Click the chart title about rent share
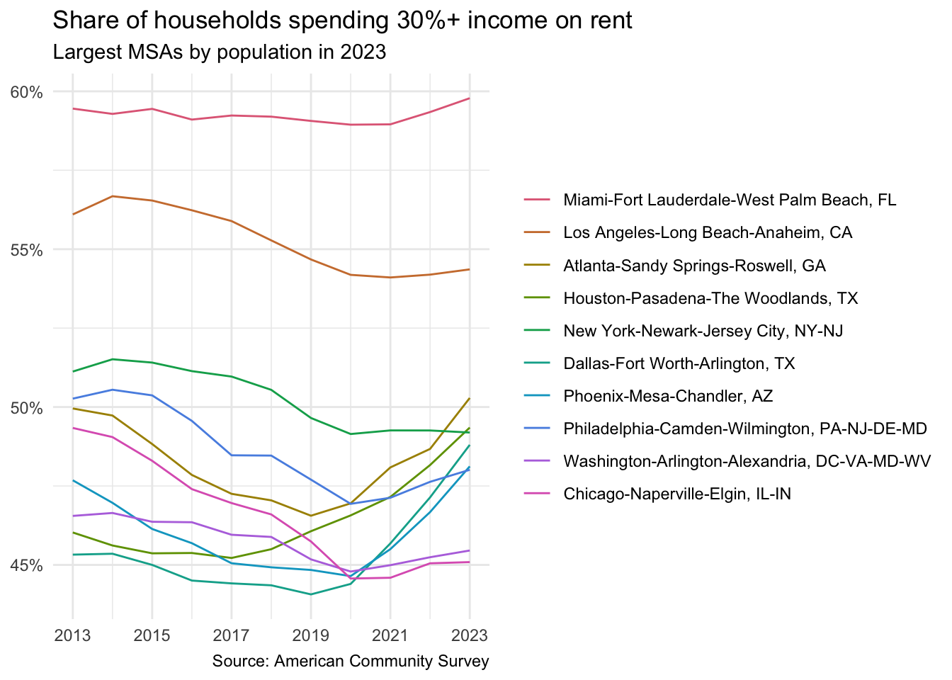pyautogui.click(x=342, y=21)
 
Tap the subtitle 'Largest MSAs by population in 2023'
pyautogui.click(x=220, y=52)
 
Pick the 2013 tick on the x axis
pyautogui.click(x=72, y=635)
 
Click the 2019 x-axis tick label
pyautogui.click(x=310, y=635)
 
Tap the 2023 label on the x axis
pyautogui.click(x=469, y=635)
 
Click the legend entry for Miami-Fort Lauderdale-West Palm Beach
pyautogui.click(x=730, y=200)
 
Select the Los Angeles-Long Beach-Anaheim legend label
pyautogui.click(x=708, y=232)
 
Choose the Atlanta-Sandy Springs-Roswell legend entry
pyautogui.click(x=694, y=266)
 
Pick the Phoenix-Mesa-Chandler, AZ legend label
pyautogui.click(x=668, y=396)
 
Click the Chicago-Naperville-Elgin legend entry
pyautogui.click(x=676, y=494)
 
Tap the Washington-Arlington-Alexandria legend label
pyautogui.click(x=747, y=461)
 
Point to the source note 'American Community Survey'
pyautogui.click(x=351, y=662)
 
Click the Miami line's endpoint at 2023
pyautogui.click(x=469, y=98)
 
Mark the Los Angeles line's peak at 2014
pyautogui.click(x=113, y=196)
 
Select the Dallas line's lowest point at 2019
pyautogui.click(x=310, y=594)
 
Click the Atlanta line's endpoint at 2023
pyautogui.click(x=469, y=399)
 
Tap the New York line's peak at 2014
pyautogui.click(x=113, y=359)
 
